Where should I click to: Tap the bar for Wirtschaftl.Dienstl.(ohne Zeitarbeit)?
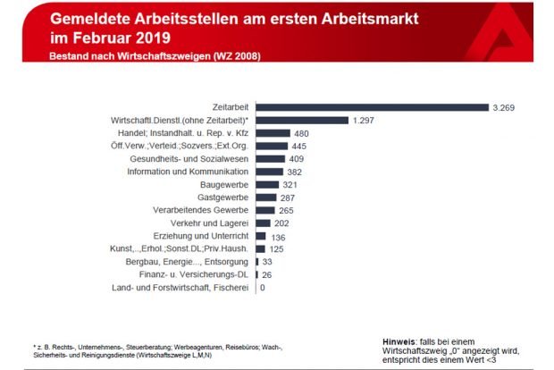[x=301, y=120]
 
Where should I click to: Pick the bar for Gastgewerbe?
[x=265, y=197]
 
